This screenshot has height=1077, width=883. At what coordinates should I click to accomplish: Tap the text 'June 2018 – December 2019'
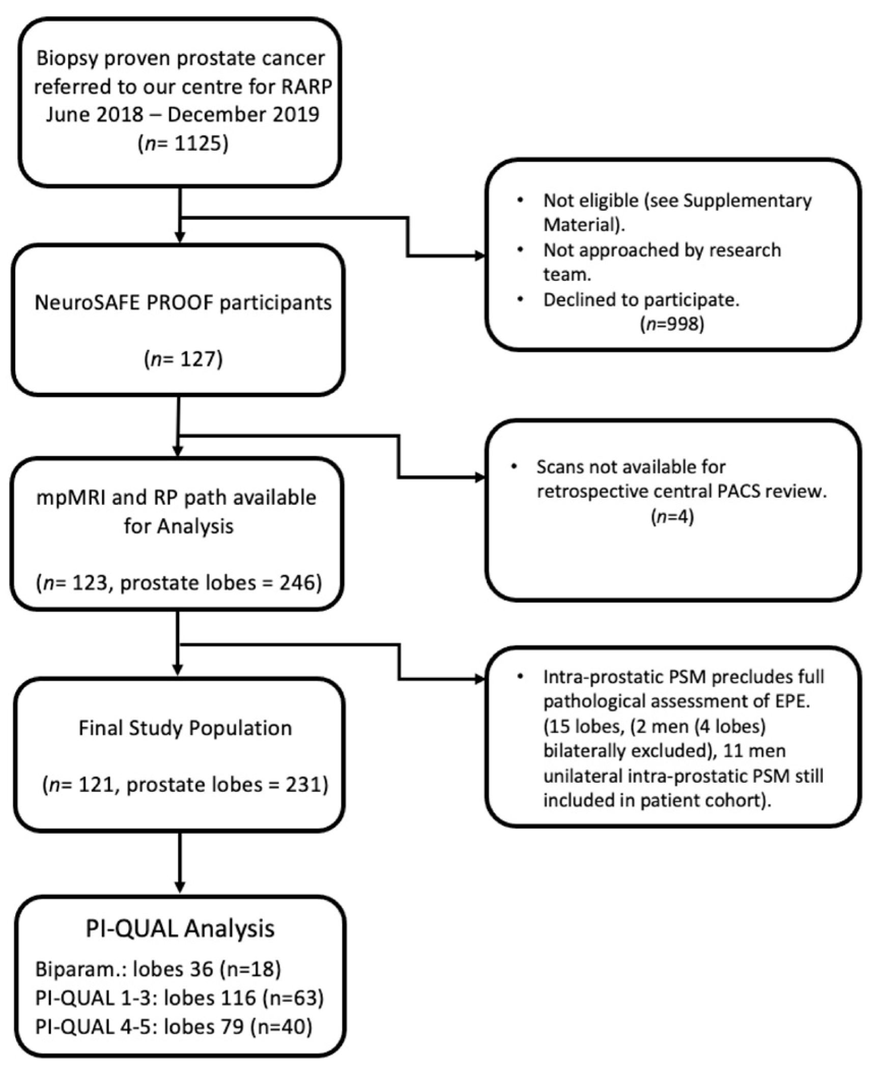point(182,114)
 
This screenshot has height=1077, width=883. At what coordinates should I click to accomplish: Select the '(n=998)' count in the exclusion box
point(672,324)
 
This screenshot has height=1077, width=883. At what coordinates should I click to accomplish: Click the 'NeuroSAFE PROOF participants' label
point(183,302)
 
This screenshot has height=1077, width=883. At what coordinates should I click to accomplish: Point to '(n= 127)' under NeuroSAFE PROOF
point(183,359)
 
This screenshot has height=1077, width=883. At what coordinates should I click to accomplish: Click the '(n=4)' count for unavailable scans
point(672,517)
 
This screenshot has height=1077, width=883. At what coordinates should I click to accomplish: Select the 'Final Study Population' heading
point(185,728)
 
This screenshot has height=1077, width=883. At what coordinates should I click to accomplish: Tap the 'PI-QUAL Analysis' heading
point(180,929)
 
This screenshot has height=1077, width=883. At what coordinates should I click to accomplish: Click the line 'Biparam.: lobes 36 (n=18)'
point(158,969)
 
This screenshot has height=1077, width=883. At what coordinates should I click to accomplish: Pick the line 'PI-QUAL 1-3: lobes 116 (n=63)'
point(179,998)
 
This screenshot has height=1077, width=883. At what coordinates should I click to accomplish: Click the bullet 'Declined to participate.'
point(641,300)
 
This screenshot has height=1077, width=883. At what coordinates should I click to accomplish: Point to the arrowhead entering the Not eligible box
point(479,256)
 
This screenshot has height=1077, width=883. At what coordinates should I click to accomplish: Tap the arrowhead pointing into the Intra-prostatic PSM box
point(479,679)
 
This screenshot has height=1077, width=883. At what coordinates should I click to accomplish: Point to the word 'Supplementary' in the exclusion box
point(747,201)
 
